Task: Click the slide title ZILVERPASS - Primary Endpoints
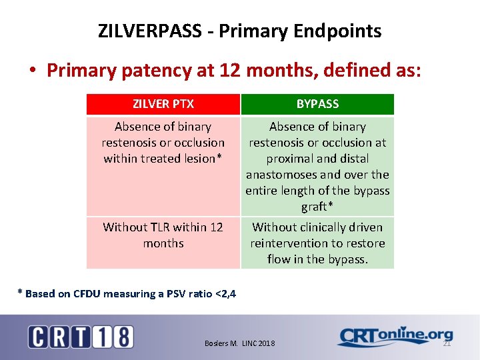pos(239,31)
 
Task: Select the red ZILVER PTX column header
pos(163,104)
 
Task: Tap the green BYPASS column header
pos(317,104)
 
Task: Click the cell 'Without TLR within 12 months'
pos(163,235)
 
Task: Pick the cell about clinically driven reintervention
pos(317,243)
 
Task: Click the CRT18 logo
pos(81,337)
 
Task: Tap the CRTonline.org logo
pos(395,337)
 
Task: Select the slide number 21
pos(447,343)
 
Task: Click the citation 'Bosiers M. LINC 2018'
pos(239,343)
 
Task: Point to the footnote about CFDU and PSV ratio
pos(126,293)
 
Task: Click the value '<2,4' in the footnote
pos(223,293)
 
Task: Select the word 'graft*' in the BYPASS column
pos(317,207)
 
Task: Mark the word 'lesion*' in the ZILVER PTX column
pos(201,159)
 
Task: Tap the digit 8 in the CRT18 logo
pos(123,337)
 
